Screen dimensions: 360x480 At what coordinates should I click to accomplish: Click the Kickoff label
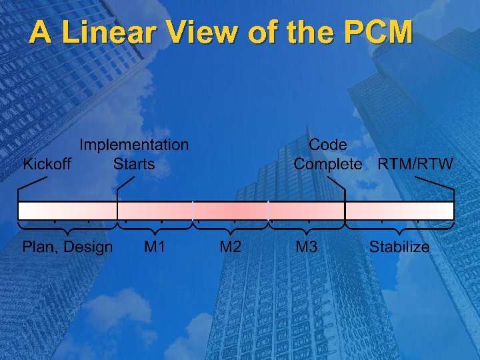pyautogui.click(x=47, y=164)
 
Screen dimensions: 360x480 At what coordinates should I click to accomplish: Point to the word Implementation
pyautogui.click(x=134, y=145)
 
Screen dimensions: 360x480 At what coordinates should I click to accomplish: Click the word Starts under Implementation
pyautogui.click(x=134, y=164)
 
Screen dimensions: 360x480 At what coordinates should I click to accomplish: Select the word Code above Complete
pyautogui.click(x=327, y=145)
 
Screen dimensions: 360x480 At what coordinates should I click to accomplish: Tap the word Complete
pyautogui.click(x=328, y=164)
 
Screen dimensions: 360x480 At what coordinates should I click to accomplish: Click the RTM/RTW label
pyautogui.click(x=415, y=164)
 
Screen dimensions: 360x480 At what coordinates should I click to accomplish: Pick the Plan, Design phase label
pyautogui.click(x=67, y=247)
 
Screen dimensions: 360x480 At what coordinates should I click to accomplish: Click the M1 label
pyautogui.click(x=155, y=247)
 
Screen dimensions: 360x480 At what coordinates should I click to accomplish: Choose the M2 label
pyautogui.click(x=231, y=247)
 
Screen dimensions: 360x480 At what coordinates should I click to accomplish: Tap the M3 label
pyautogui.click(x=306, y=247)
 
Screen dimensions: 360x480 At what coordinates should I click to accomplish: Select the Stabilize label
pyautogui.click(x=399, y=247)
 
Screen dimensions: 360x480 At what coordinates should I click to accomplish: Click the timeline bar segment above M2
pyautogui.click(x=231, y=211)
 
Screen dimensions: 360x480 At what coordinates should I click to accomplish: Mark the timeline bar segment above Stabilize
pyautogui.click(x=399, y=211)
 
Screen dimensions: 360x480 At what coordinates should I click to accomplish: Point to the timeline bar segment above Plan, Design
pyautogui.click(x=67, y=211)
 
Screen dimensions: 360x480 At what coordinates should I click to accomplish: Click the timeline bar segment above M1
pyautogui.click(x=155, y=211)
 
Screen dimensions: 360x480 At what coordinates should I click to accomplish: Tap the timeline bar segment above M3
pyautogui.click(x=306, y=211)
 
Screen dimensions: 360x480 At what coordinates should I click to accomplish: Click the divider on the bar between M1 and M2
pyautogui.click(x=193, y=211)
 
